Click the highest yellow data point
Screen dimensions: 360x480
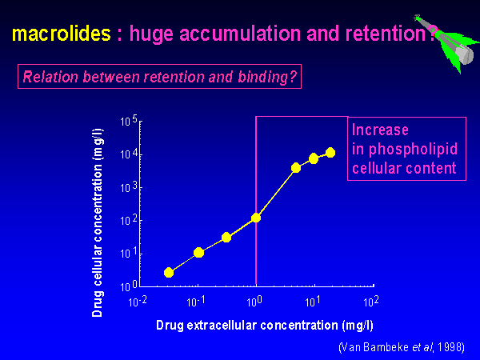point(330,152)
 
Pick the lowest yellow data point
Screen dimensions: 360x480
point(169,272)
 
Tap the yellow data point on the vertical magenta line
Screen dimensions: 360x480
point(256,217)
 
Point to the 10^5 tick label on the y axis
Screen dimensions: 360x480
point(130,122)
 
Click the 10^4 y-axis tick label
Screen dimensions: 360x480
point(130,154)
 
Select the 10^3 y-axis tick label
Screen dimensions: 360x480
point(130,187)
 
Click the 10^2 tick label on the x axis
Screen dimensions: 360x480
point(371,301)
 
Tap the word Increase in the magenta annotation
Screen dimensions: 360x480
point(381,130)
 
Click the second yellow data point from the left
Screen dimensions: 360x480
point(198,252)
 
